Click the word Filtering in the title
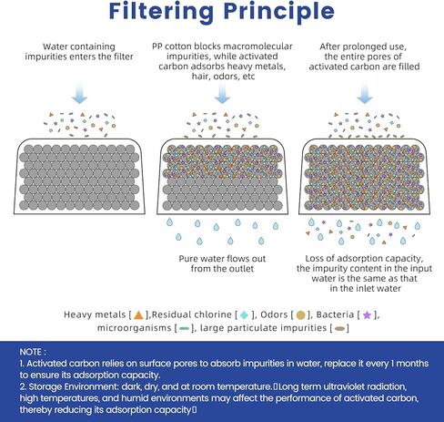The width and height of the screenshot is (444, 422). click(161, 12)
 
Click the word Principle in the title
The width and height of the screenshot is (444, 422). click(279, 12)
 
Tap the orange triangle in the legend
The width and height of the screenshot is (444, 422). click(138, 315)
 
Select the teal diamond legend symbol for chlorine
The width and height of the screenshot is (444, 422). click(244, 315)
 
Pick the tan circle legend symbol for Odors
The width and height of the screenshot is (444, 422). click(300, 315)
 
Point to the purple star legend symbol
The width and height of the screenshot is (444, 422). click(367, 315)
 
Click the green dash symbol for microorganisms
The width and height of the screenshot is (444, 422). click(184, 328)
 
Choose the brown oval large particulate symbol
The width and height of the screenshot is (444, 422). click(339, 328)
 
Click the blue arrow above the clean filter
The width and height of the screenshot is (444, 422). click(79, 94)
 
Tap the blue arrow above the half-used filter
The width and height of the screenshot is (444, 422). click(222, 94)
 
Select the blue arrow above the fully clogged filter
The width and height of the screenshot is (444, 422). click(365, 94)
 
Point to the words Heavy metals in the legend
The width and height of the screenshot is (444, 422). click(95, 314)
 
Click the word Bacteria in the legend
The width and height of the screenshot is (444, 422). click(335, 314)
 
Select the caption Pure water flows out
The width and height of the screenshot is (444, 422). click(222, 259)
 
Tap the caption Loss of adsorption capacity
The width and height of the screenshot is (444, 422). click(364, 259)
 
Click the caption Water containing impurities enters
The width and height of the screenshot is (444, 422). click(79, 52)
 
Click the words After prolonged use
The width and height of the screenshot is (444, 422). click(363, 46)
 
